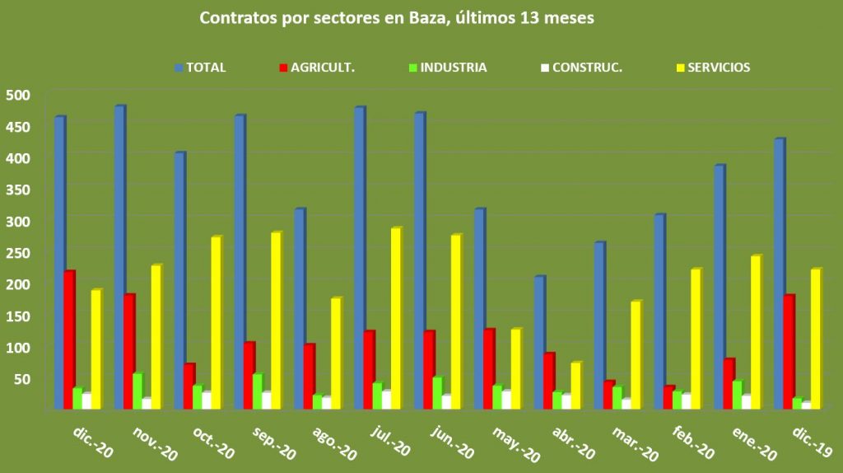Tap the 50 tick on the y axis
coord(20,378)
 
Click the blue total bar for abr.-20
coord(539,342)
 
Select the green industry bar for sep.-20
coord(258,391)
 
